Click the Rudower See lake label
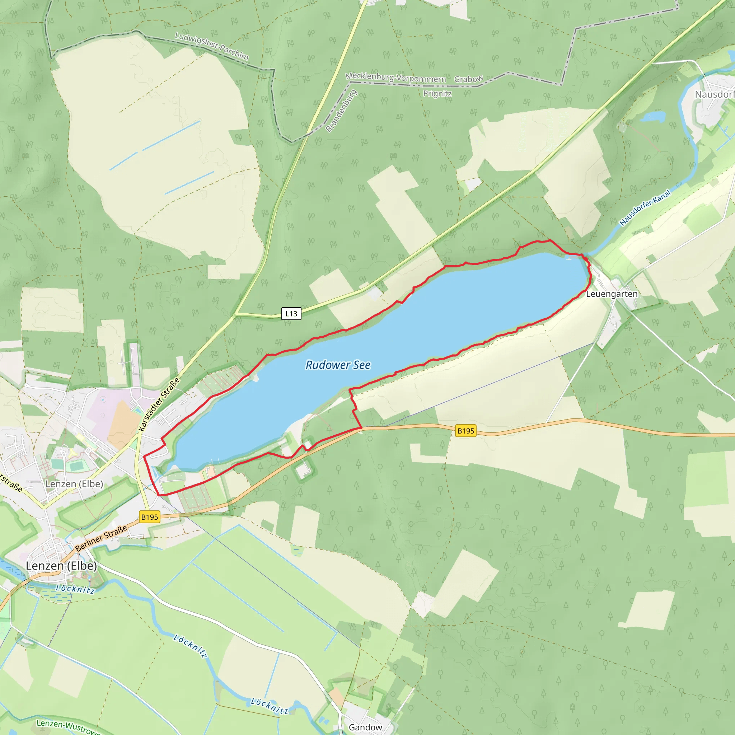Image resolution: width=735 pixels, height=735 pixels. pyautogui.click(x=338, y=365)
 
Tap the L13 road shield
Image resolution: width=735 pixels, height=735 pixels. pyautogui.click(x=291, y=313)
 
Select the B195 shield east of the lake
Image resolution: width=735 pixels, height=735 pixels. pyautogui.click(x=465, y=431)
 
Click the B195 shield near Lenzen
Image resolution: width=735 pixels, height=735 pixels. pyautogui.click(x=150, y=517)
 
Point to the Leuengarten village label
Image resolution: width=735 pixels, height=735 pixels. pyautogui.click(x=612, y=294)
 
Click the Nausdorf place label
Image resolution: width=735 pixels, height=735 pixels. pyautogui.click(x=714, y=94)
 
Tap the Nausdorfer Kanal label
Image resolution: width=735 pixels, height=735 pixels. pyautogui.click(x=645, y=208)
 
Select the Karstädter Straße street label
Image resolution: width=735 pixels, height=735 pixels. pyautogui.click(x=159, y=405)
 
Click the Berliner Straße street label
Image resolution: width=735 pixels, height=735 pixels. pyautogui.click(x=101, y=538)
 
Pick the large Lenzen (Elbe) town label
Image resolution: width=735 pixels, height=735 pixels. pyautogui.click(x=61, y=566)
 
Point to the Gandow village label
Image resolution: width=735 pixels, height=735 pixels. pyautogui.click(x=365, y=727)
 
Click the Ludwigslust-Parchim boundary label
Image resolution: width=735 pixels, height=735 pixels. pyautogui.click(x=211, y=46)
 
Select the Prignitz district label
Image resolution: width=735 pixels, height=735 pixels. pyautogui.click(x=437, y=94)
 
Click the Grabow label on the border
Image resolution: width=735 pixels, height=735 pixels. pyautogui.click(x=468, y=79)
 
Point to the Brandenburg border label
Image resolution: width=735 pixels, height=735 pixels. pyautogui.click(x=341, y=111)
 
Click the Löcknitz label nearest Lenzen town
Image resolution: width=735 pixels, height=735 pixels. pyautogui.click(x=75, y=589)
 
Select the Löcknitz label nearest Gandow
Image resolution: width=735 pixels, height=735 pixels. pyautogui.click(x=270, y=706)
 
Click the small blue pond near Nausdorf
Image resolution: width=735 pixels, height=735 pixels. pyautogui.click(x=653, y=116)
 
